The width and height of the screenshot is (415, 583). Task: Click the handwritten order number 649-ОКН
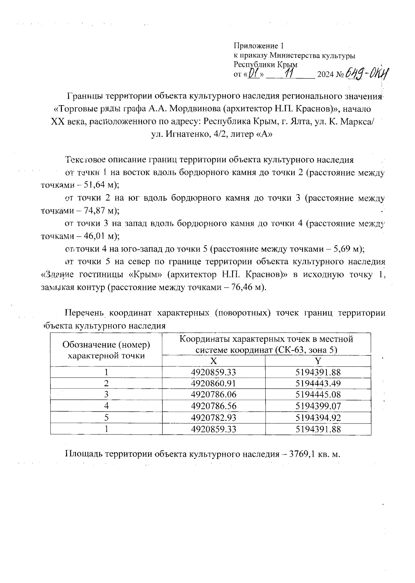click(x=367, y=73)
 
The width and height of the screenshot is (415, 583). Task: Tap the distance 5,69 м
click(x=347, y=249)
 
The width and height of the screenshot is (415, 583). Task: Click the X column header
click(x=214, y=361)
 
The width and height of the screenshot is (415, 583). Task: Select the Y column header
click(x=318, y=361)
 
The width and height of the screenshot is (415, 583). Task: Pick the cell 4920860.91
click(x=214, y=383)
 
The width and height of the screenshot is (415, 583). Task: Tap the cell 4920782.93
click(x=214, y=418)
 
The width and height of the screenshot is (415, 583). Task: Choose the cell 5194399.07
click(x=318, y=406)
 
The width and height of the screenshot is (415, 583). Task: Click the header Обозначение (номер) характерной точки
click(x=106, y=350)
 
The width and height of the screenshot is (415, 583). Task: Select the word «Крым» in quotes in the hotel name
click(x=143, y=275)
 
